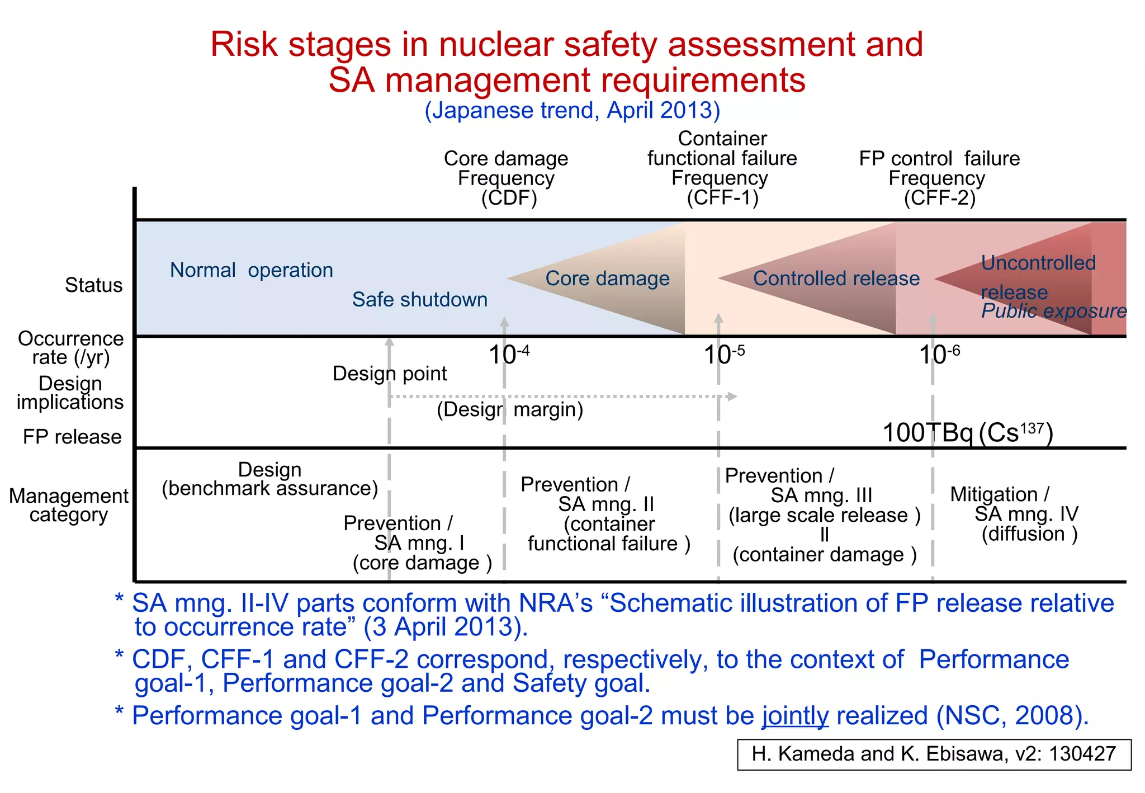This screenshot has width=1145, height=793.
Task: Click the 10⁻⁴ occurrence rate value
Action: [508, 355]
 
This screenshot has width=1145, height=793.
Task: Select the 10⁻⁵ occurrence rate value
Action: [723, 355]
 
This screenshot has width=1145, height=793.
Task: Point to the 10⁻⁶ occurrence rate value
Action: [939, 355]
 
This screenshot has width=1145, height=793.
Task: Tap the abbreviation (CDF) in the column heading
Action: [509, 197]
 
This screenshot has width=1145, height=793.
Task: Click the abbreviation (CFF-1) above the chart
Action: [722, 197]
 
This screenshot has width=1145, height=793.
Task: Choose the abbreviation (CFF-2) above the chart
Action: [939, 197]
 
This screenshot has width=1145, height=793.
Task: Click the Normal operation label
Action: [252, 270]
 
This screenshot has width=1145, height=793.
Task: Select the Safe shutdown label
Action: [419, 300]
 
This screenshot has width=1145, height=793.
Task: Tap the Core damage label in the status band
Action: [607, 279]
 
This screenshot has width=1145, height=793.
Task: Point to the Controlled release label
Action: [836, 279]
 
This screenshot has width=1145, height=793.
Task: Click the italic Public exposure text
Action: [1053, 311]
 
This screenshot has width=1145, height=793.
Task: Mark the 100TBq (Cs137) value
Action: [967, 432]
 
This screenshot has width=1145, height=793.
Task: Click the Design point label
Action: [390, 374]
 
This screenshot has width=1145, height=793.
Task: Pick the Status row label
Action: [93, 285]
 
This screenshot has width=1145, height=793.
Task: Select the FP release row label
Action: [72, 437]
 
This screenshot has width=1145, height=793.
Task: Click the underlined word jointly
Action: [795, 716]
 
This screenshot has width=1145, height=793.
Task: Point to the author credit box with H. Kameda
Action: [934, 754]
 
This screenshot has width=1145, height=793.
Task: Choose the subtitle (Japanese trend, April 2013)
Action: [572, 110]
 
